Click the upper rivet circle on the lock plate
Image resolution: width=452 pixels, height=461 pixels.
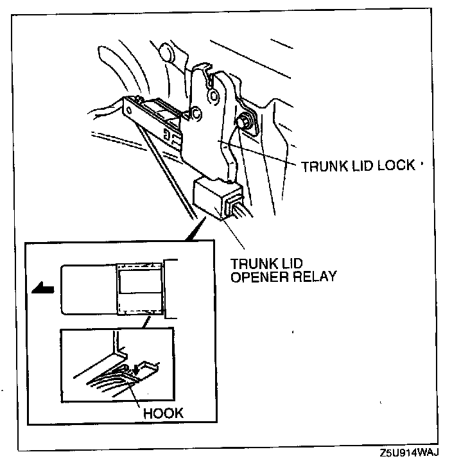click(213, 96)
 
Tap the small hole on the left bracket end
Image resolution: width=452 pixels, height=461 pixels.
click(132, 110)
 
